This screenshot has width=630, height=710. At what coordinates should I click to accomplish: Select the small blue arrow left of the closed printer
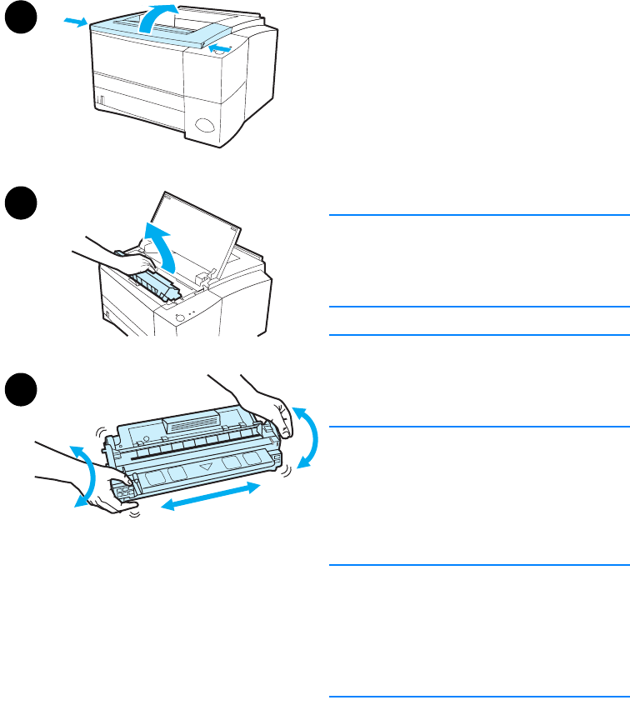74,22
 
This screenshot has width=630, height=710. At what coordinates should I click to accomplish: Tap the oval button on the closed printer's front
205,126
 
